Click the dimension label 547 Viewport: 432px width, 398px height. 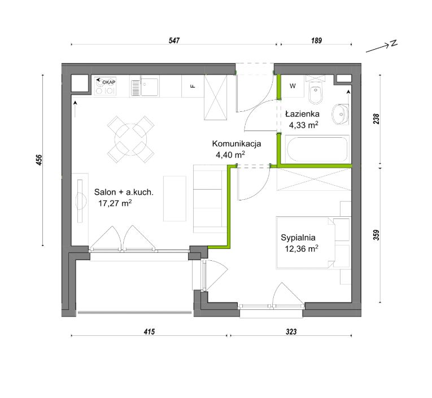(x=174, y=41)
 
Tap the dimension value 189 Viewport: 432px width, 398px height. (x=316, y=41)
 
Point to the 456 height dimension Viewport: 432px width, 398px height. (x=39, y=160)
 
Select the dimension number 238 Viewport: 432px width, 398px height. (x=376, y=119)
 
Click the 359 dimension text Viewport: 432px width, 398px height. (x=376, y=235)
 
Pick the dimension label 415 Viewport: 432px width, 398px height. (x=149, y=331)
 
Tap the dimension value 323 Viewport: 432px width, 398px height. (x=291, y=331)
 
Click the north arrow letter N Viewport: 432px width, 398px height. (x=394, y=43)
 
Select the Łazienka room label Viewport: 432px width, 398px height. (x=302, y=113)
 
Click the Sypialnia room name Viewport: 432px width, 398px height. (x=298, y=238)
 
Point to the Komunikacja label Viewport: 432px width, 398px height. (x=237, y=143)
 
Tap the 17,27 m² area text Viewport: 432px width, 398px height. (x=115, y=203)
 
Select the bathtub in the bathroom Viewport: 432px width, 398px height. (x=317, y=148)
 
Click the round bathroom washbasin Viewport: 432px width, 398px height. (x=341, y=113)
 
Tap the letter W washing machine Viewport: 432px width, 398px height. (x=293, y=86)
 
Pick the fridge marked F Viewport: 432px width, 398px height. (x=193, y=86)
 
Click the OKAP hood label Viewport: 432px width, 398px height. (x=109, y=82)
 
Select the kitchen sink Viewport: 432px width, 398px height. (x=145, y=86)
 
